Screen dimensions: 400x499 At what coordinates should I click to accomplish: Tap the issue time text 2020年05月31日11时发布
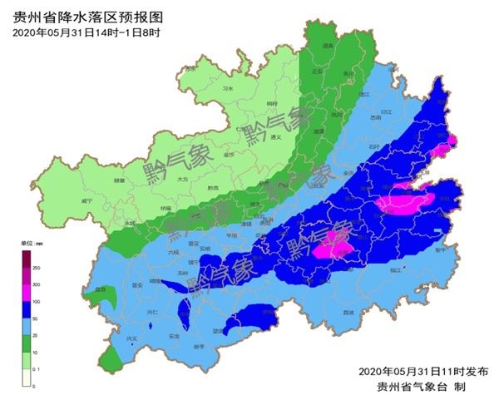(x=423, y=371)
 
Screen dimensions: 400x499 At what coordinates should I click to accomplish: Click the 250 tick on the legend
(x=37, y=268)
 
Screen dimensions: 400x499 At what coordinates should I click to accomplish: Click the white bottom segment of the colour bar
(x=27, y=378)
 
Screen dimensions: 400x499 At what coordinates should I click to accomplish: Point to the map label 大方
(x=184, y=179)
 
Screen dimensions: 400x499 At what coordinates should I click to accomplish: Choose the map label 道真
(x=328, y=47)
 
